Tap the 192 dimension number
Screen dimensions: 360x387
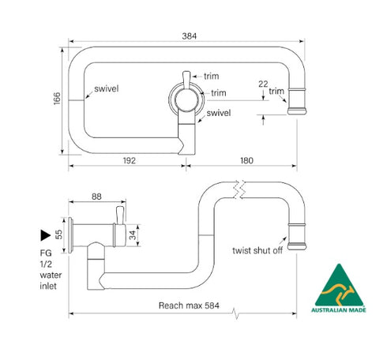(x=130, y=160)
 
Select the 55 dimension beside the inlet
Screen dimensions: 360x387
(x=59, y=234)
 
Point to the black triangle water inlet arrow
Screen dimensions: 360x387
(x=44, y=234)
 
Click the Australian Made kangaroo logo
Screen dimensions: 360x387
(x=339, y=285)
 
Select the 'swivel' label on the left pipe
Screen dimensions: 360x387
(x=106, y=88)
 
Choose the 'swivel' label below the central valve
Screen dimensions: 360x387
(x=219, y=114)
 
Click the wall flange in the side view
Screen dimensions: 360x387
(x=72, y=234)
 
